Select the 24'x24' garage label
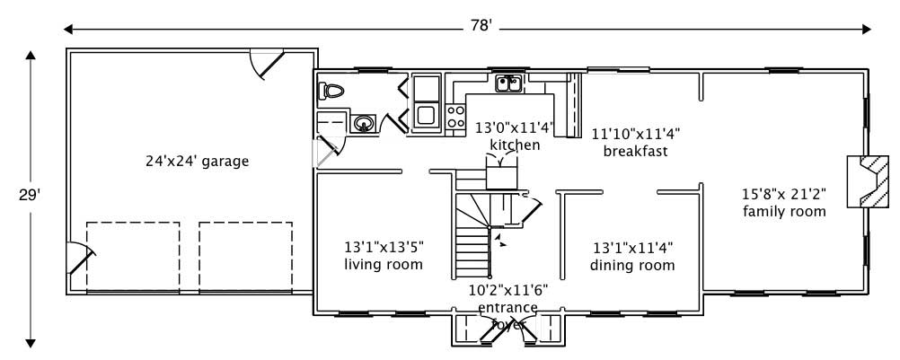coord(197,162)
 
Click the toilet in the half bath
coord(331,91)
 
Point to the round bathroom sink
coord(363,123)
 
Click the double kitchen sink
coord(510,84)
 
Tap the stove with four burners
coord(456,116)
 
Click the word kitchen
coord(515,145)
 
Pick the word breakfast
coord(635,151)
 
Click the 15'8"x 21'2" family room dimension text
coord(783,193)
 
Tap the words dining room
coord(632,265)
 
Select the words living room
coord(384,264)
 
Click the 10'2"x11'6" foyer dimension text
coord(508,290)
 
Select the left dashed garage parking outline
coord(133,256)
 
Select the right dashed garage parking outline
coord(245,256)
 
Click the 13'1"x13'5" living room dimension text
coord(384,246)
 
